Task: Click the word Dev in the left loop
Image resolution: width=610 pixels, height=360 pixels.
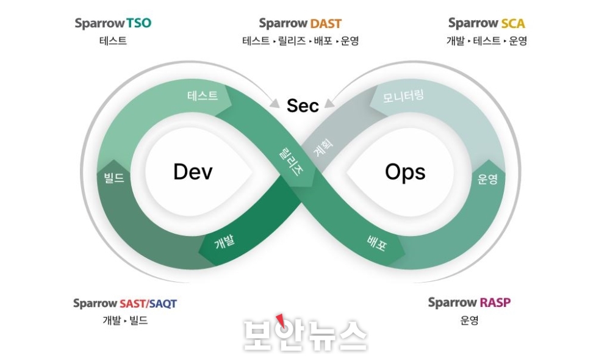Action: coord(193,171)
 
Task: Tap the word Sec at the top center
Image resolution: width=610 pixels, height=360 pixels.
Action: coord(303,106)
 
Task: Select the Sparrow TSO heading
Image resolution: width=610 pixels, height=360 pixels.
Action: coord(113,23)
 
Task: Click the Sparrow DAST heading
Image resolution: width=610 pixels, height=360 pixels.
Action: coord(300,23)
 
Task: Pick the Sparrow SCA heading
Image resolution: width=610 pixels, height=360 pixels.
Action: coord(486,23)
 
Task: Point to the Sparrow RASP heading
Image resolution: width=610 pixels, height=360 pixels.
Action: coord(469,303)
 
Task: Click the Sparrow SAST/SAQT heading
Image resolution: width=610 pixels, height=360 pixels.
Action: coord(125,303)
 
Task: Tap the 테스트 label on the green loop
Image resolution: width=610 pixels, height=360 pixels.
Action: coord(203,96)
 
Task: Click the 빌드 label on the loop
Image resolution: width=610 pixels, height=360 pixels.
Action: coord(114,178)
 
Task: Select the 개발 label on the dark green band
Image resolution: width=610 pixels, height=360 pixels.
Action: coord(224,242)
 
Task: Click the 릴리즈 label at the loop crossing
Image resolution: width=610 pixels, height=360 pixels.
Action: coord(292,162)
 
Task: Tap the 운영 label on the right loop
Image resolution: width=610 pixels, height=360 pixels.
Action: coord(487,179)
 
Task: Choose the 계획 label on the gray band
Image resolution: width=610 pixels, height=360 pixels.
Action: coord(323,148)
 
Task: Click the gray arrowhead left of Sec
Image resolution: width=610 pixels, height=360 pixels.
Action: coord(275,104)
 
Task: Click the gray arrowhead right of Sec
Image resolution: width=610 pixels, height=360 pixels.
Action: coord(329,103)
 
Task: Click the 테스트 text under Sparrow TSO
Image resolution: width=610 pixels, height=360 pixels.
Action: coord(113,41)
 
